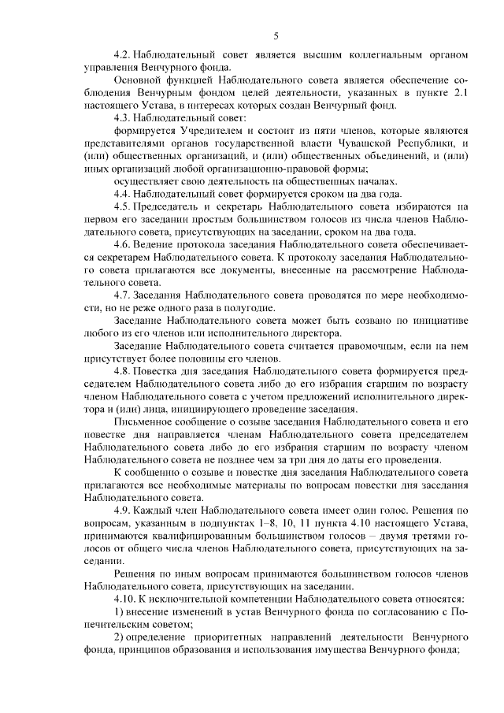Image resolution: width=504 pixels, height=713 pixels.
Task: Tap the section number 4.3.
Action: (123, 116)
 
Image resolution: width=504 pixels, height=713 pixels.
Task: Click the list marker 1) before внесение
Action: (119, 612)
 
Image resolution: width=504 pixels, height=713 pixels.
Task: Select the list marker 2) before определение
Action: (119, 636)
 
